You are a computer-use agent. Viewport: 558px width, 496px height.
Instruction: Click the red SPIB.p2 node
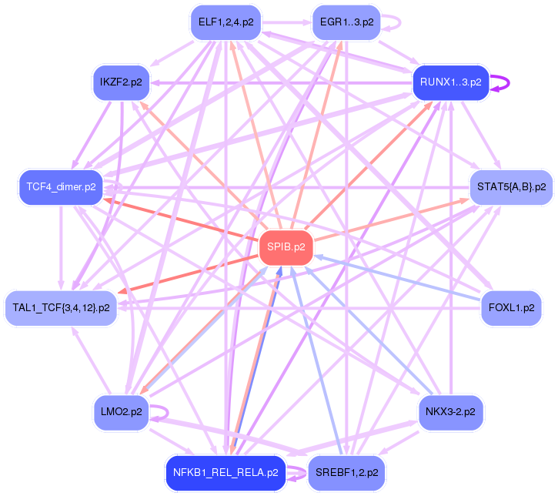click(286, 247)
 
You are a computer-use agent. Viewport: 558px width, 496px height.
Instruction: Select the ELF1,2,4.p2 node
click(225, 22)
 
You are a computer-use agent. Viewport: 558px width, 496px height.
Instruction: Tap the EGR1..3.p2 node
click(346, 22)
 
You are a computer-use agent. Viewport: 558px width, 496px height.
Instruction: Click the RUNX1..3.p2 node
click(450, 82)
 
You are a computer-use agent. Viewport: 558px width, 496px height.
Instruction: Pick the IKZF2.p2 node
click(121, 82)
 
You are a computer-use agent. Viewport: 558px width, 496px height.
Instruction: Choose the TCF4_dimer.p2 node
click(59, 186)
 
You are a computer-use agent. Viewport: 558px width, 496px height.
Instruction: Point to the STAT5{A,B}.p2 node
click(511, 186)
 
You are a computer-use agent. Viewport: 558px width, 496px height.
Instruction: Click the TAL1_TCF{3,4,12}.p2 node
click(61, 308)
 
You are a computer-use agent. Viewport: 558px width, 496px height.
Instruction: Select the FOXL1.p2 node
click(511, 308)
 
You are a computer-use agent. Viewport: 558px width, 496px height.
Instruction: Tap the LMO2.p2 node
click(121, 412)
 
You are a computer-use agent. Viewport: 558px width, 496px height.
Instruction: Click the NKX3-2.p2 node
click(450, 412)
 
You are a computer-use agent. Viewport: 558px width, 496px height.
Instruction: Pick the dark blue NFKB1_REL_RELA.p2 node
click(225, 472)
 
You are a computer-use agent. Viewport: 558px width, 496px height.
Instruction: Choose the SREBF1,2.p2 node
click(346, 472)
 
